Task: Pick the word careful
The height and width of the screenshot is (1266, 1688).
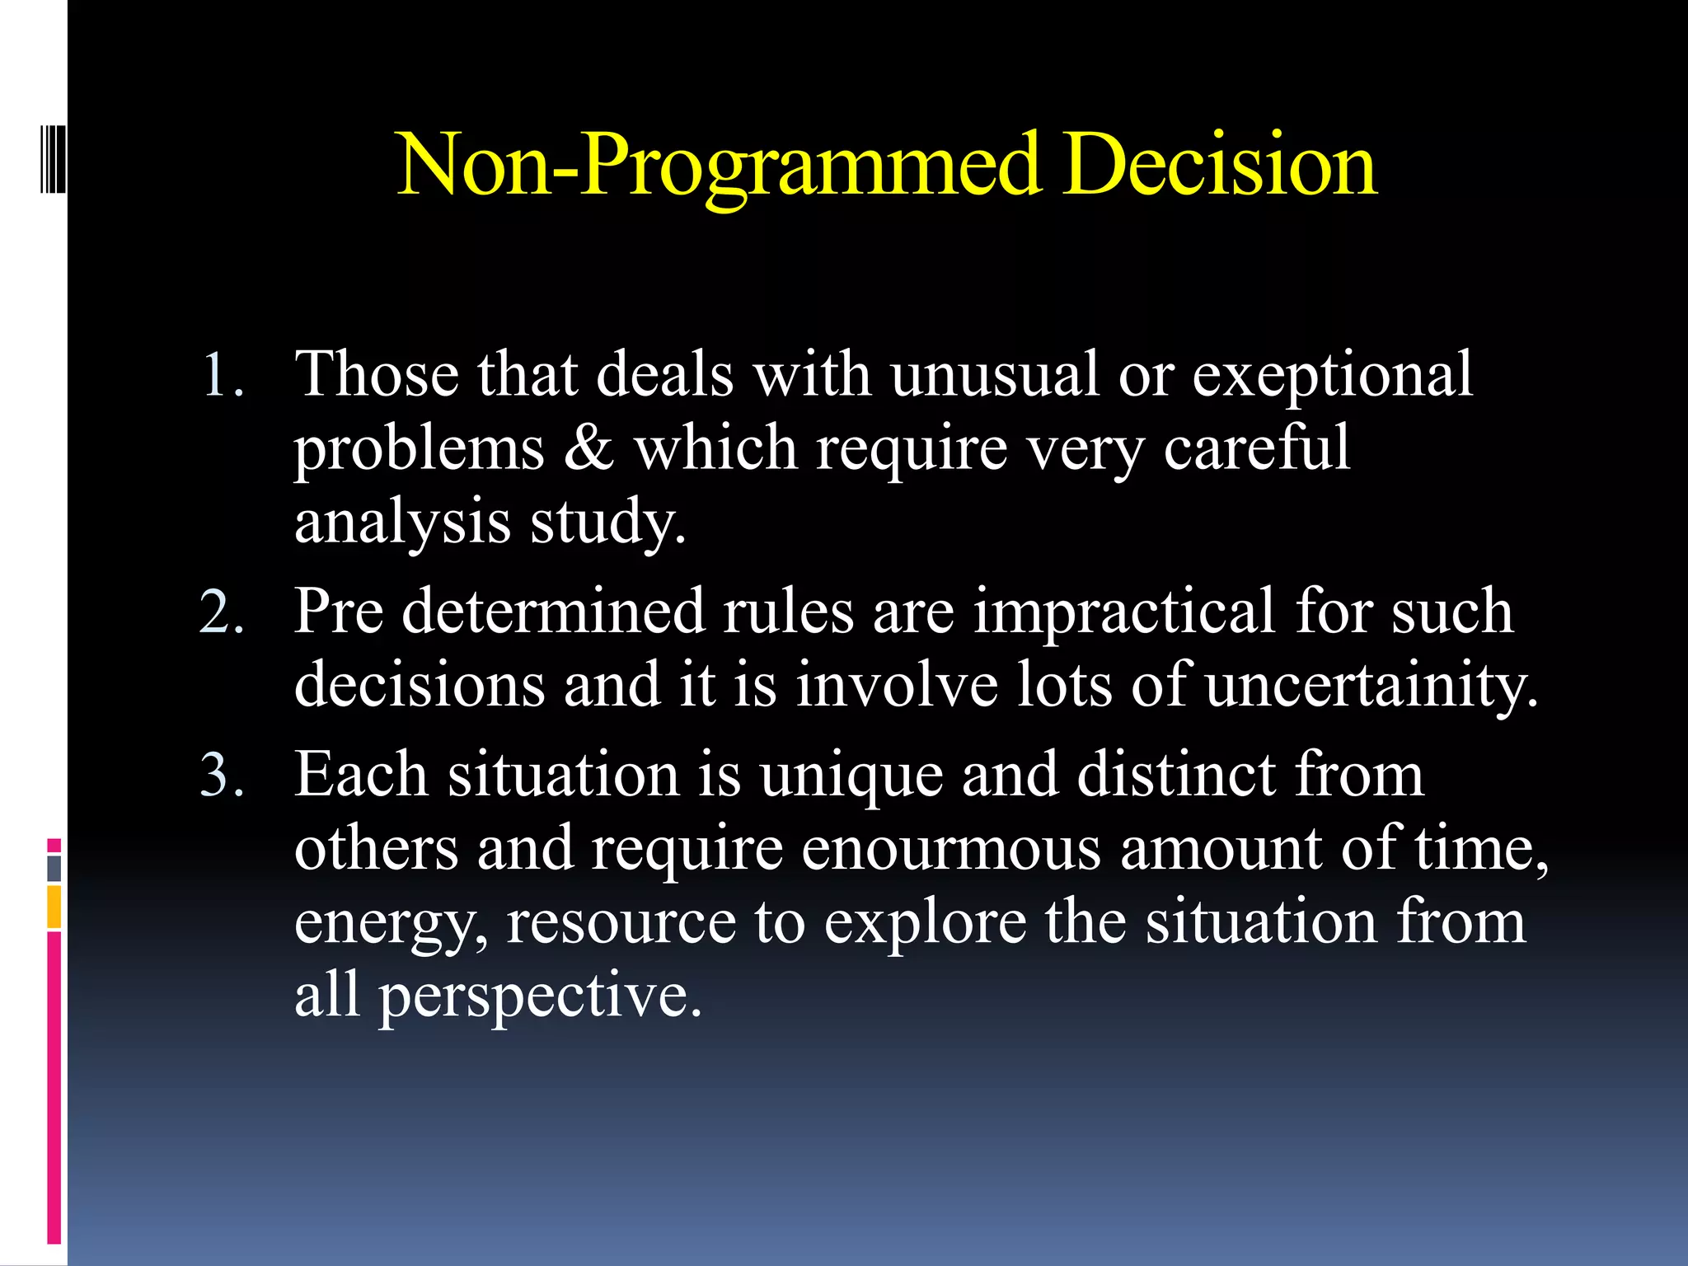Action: pos(1256,448)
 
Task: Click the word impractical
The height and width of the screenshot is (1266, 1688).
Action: pos(1124,613)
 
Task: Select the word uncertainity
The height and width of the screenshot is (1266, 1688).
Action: pos(1371,686)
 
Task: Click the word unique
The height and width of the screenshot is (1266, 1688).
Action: pos(851,776)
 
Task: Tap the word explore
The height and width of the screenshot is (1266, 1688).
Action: pos(925,923)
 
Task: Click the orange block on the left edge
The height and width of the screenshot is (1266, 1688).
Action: pos(54,907)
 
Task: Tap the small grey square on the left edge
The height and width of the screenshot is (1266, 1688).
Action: pos(54,868)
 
